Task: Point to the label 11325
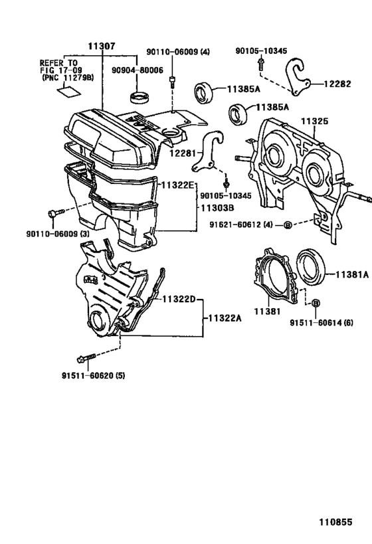[x=316, y=122]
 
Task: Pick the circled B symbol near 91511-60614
[x=316, y=303]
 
